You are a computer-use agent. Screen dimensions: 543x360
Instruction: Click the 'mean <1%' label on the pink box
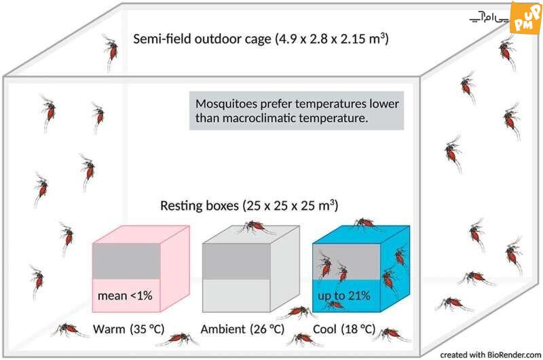click(125, 295)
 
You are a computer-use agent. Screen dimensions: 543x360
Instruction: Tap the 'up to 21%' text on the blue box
click(344, 295)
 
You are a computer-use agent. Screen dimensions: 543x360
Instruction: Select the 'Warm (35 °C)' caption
click(128, 329)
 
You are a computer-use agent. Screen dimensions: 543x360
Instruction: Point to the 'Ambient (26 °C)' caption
click(242, 329)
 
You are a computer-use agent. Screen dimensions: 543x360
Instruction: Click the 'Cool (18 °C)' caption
click(344, 329)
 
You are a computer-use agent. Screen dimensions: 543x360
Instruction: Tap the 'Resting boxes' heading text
click(199, 205)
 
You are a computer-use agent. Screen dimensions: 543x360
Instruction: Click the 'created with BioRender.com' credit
click(490, 355)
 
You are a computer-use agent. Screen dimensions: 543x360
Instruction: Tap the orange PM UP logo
click(526, 18)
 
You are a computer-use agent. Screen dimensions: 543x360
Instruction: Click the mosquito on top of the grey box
click(256, 226)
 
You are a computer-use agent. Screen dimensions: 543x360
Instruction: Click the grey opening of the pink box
click(126, 261)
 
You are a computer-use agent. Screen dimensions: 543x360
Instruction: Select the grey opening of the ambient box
click(236, 261)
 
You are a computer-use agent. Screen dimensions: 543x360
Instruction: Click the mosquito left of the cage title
click(111, 50)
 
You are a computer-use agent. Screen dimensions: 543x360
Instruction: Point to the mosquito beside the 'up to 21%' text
click(334, 305)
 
